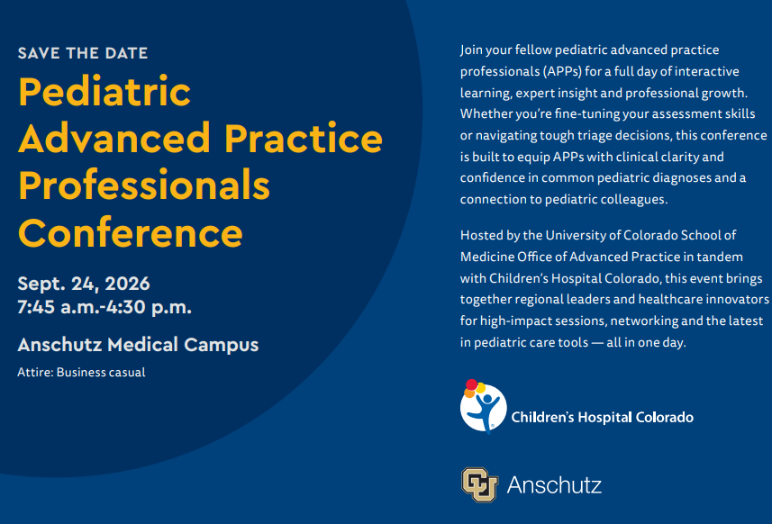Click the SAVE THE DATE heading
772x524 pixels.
[x=83, y=53]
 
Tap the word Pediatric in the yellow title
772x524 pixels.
[x=104, y=92]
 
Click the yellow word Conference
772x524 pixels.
[x=131, y=232]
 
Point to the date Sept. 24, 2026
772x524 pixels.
[x=84, y=284]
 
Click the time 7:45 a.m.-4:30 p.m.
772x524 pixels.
[x=104, y=307]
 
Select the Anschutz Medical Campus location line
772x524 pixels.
[x=138, y=345]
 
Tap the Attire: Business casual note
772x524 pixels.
[x=81, y=373]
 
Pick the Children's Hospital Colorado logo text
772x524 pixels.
[x=602, y=417]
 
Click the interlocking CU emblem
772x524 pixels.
[x=479, y=484]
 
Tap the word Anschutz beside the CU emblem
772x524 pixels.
[x=554, y=485]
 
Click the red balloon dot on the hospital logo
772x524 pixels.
[x=472, y=384]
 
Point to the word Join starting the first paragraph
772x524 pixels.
[x=470, y=50]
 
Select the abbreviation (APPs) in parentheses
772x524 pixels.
[x=562, y=72]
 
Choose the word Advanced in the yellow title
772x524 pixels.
[x=114, y=139]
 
